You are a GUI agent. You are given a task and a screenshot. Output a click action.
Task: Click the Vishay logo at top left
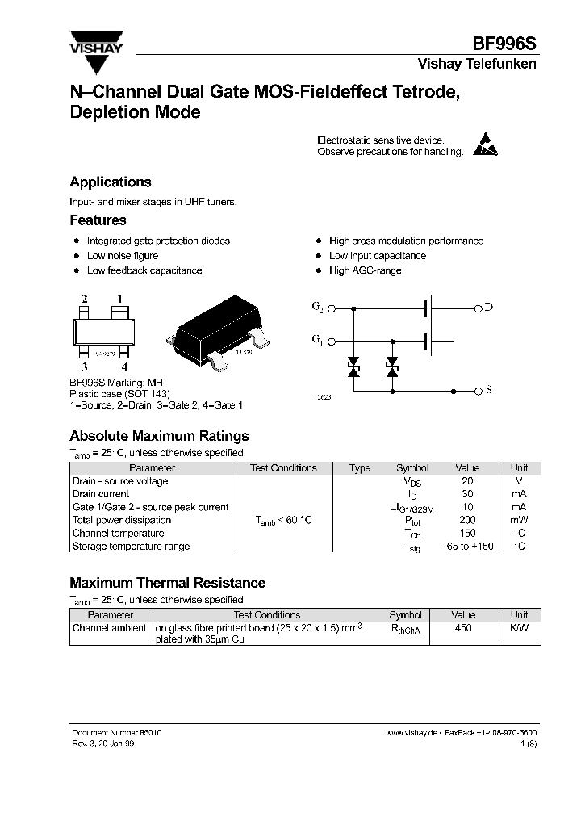(95, 42)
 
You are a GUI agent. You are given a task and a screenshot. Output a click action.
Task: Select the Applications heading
(110, 182)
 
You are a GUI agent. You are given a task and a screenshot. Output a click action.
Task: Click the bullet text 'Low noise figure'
(122, 256)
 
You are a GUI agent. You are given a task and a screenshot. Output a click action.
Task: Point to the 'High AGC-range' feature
(365, 270)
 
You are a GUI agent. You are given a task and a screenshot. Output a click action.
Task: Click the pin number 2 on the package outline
(84, 300)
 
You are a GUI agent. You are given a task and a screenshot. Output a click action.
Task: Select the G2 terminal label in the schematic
(317, 307)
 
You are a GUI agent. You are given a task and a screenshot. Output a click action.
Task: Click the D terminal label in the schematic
(488, 307)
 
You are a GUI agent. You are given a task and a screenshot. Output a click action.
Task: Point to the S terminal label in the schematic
(488, 391)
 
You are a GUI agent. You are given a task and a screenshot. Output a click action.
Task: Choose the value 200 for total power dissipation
(467, 521)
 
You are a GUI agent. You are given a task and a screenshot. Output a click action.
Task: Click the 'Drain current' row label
(101, 494)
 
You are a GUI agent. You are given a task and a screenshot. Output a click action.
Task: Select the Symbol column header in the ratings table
(412, 468)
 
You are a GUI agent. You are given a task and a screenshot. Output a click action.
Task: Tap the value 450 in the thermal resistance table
(463, 627)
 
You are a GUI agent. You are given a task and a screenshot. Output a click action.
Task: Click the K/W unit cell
(519, 627)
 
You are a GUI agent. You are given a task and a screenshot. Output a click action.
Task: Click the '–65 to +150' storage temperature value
(467, 547)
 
